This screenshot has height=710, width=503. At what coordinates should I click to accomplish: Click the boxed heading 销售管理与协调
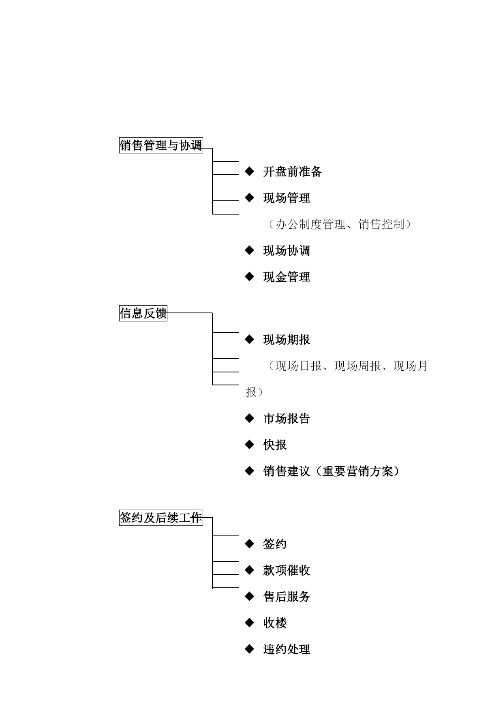click(161, 145)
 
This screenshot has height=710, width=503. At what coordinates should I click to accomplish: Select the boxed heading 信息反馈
click(143, 313)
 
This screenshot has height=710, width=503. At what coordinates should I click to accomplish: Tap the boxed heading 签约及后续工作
click(161, 517)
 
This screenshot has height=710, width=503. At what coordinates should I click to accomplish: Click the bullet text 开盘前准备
click(293, 172)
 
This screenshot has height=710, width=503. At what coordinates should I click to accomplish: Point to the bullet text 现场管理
click(287, 198)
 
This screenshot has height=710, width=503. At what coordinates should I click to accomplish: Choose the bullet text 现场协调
click(287, 251)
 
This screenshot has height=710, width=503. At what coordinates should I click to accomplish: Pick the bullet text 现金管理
click(287, 277)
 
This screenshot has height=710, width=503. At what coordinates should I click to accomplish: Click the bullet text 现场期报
click(287, 340)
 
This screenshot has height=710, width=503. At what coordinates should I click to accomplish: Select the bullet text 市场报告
click(287, 418)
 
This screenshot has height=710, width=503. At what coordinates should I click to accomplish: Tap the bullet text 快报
click(275, 444)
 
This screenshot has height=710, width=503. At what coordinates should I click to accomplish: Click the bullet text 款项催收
click(287, 570)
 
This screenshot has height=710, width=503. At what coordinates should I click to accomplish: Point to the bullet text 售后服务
click(287, 597)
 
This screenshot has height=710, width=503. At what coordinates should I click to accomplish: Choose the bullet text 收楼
click(275, 623)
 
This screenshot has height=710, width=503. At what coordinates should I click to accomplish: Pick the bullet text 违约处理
click(287, 649)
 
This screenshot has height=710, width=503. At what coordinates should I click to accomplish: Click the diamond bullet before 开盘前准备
click(250, 171)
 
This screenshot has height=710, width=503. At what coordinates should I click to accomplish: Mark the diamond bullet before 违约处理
click(250, 649)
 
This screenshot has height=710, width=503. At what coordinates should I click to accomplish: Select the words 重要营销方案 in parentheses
click(358, 471)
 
